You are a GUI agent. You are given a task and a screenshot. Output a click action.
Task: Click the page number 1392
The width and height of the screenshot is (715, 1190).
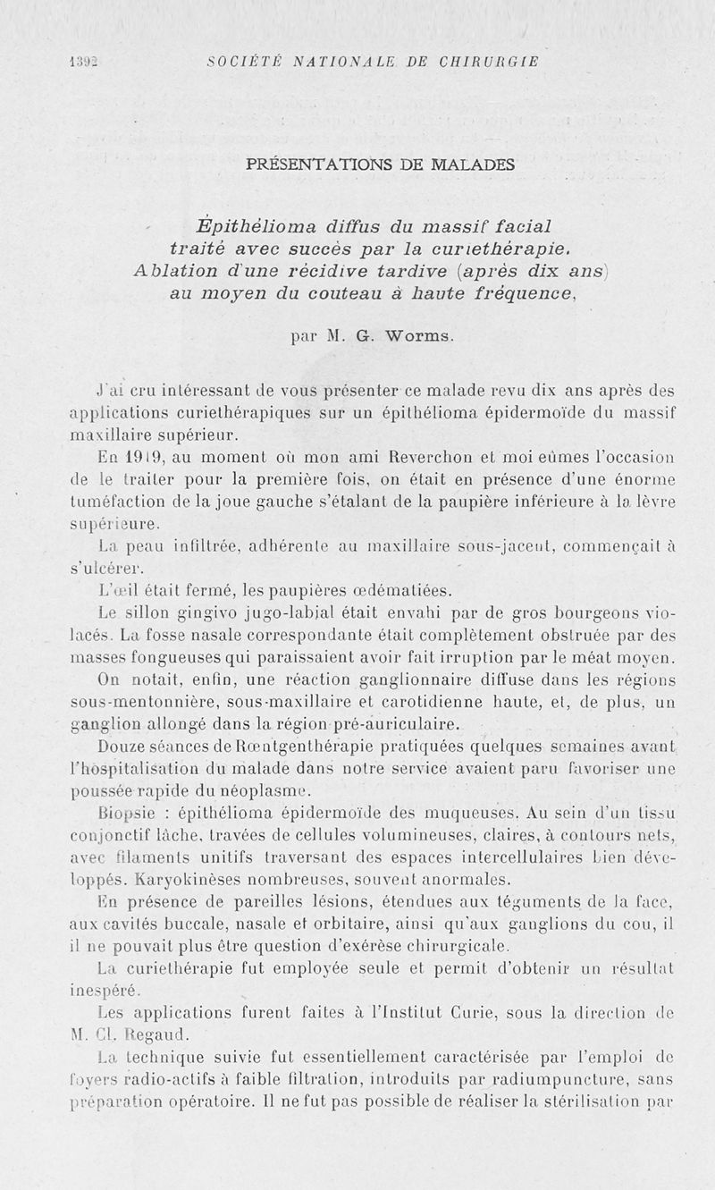point(83,62)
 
